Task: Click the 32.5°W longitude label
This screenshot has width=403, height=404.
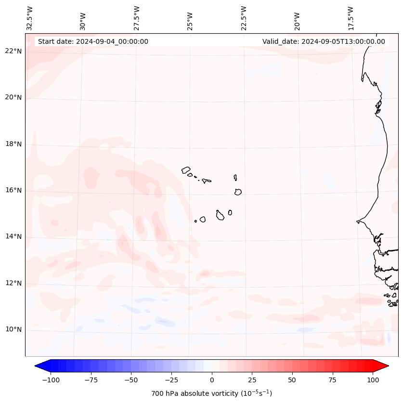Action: (30, 18)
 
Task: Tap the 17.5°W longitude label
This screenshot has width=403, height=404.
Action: (351, 18)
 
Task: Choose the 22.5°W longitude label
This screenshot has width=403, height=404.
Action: (244, 18)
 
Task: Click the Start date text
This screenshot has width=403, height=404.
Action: (93, 41)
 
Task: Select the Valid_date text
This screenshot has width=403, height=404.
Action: (324, 41)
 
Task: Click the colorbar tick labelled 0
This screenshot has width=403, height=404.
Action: (212, 380)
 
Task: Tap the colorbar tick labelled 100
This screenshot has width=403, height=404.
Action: (373, 380)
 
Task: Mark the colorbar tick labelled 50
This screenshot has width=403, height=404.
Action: (292, 380)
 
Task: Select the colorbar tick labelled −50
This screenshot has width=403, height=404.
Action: (131, 380)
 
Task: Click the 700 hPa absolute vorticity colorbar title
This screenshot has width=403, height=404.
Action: (212, 393)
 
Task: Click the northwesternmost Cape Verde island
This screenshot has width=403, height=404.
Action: (186, 170)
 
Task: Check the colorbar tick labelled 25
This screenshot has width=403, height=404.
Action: (252, 380)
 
